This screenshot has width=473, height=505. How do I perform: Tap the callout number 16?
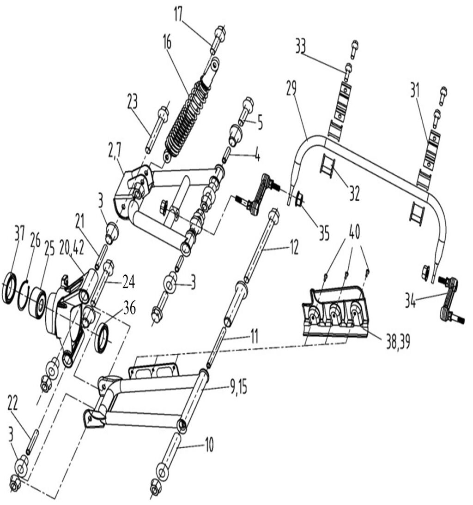tap(167, 43)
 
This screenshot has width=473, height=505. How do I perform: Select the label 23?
tap(132, 101)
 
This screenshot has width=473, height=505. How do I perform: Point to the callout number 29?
tap(291, 88)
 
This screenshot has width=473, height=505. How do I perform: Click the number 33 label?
tap(301, 47)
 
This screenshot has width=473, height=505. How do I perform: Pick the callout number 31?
tap(415, 90)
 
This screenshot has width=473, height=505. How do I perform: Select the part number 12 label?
tap(293, 248)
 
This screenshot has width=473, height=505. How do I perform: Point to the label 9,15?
tap(238, 387)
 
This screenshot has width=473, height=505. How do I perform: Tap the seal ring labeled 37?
tap(10, 288)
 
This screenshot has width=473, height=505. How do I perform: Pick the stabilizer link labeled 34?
tap(451, 297)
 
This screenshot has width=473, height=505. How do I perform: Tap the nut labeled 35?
tap(298, 198)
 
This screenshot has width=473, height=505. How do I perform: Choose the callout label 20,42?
tap(71, 249)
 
